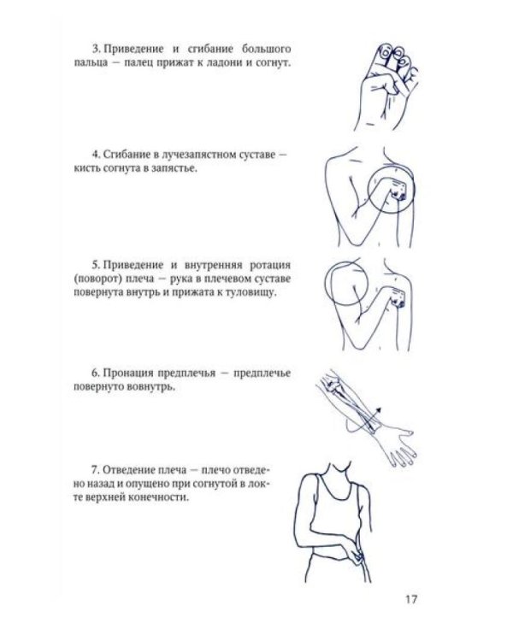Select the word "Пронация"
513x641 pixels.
point(130,373)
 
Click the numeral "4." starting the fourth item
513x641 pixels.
point(96,155)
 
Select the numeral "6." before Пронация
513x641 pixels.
point(96,373)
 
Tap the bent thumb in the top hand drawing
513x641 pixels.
point(383,85)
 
